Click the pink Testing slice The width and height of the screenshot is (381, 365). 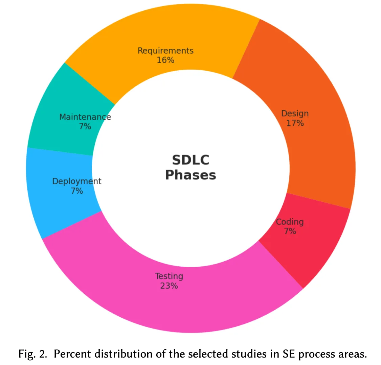point(189,304)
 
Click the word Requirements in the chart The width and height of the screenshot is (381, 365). point(165,51)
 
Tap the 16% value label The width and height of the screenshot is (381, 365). point(165,60)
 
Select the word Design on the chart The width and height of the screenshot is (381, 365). point(295,114)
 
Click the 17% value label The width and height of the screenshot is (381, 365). point(295,123)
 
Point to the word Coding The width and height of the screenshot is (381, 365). point(290,222)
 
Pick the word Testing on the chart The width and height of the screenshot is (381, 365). point(169,276)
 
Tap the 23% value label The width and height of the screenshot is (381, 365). point(169,286)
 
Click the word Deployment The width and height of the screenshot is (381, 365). point(76,181)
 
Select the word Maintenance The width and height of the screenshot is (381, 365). point(85,117)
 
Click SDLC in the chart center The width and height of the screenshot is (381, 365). point(190,160)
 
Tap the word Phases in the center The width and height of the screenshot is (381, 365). point(190,175)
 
